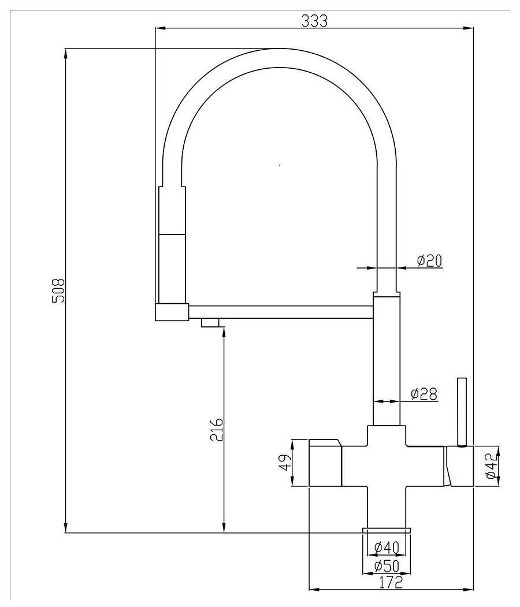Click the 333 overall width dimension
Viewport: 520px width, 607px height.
(314, 20)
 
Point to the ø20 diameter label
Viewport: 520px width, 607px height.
(429, 261)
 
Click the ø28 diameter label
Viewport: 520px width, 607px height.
(424, 394)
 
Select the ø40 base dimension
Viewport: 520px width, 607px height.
(386, 547)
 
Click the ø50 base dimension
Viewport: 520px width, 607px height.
(386, 567)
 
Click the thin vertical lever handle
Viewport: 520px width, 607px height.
(461, 411)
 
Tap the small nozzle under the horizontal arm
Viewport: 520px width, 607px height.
(211, 322)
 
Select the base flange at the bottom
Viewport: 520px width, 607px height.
(386, 530)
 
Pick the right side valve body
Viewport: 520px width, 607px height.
(459, 466)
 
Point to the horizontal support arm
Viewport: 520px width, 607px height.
(281, 312)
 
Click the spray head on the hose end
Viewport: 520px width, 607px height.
(172, 243)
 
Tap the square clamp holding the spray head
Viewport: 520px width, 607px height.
(172, 312)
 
